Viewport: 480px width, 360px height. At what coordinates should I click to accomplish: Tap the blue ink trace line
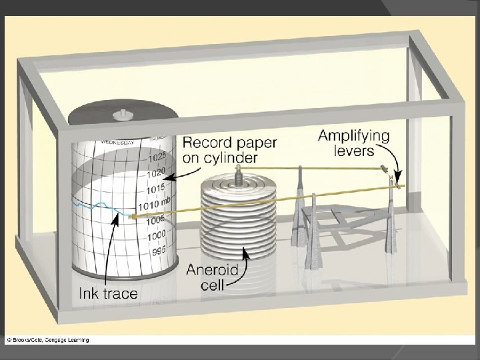click(x=100, y=205)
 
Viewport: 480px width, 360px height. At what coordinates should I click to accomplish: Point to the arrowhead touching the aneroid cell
click(x=244, y=252)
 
